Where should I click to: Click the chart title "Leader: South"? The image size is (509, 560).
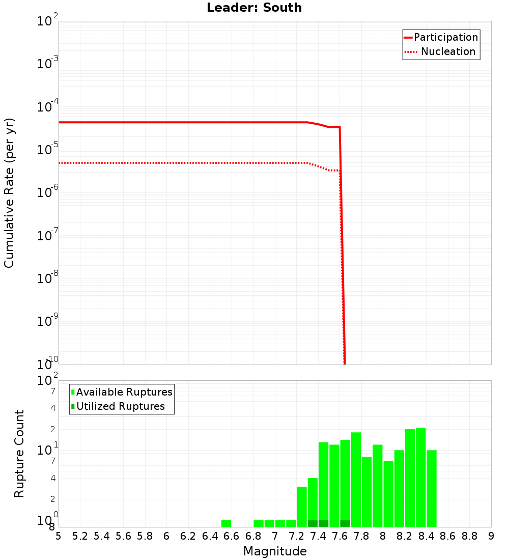point(254,8)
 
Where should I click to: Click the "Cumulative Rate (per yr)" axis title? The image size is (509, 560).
point(9,193)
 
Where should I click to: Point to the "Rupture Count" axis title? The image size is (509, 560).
point(19,454)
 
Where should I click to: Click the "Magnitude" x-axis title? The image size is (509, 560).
point(275,551)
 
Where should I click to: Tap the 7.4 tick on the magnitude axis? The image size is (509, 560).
point(318,536)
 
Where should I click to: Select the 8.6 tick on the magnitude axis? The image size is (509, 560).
point(448,536)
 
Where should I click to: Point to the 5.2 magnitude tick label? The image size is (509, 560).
point(80,536)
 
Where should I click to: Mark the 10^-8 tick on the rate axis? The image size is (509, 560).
point(48,278)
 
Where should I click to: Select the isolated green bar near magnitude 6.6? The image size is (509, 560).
point(226,523)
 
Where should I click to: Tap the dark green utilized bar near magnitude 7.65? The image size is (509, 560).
point(345,523)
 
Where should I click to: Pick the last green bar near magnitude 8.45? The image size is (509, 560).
point(432,488)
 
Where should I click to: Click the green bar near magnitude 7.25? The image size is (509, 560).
point(302,507)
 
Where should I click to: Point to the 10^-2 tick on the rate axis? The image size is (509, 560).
point(48,21)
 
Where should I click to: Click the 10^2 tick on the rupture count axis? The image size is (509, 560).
point(48,381)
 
